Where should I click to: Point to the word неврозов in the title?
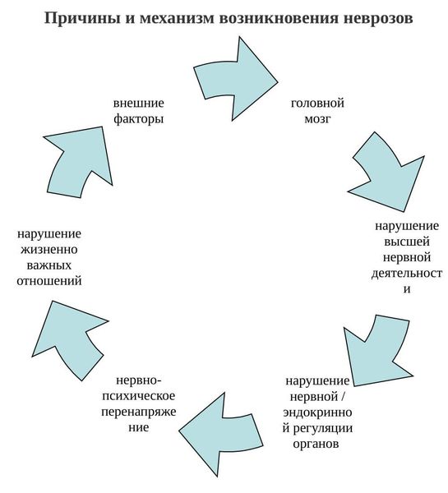[378, 18]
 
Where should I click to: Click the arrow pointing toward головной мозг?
[234, 79]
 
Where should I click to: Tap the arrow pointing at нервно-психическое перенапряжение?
[220, 435]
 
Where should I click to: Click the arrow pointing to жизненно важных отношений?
[70, 339]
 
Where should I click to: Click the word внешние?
[139, 104]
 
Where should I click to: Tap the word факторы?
[139, 119]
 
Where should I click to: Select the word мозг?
[317, 119]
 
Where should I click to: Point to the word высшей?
[407, 242]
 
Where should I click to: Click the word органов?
[316, 444]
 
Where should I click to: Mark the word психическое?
[139, 395]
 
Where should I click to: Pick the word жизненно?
[49, 250]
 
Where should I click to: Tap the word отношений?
[49, 281]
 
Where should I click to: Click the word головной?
[317, 104]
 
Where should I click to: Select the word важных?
[49, 265]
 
